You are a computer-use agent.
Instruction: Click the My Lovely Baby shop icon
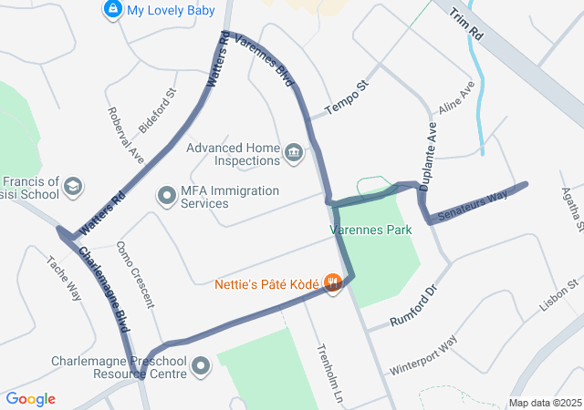[112, 10]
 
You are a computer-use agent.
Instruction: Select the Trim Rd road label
[465, 25]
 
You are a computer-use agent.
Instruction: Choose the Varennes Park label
[371, 230]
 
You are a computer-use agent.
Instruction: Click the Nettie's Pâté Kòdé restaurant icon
[333, 283]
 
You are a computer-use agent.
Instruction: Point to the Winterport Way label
[422, 356]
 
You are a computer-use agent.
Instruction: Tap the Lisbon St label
[559, 298]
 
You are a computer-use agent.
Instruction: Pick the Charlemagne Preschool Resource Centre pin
[201, 367]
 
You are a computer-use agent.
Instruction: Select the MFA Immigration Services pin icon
[166, 196]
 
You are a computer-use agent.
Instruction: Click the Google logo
[30, 399]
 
